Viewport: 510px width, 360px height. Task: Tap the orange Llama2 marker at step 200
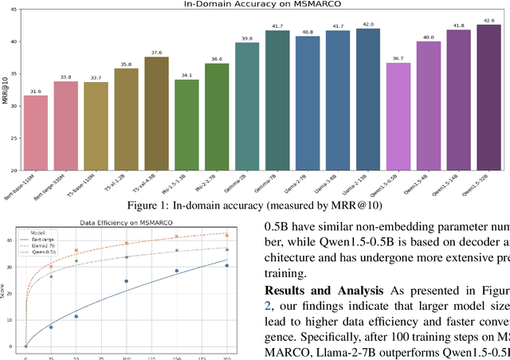tap(227, 236)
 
